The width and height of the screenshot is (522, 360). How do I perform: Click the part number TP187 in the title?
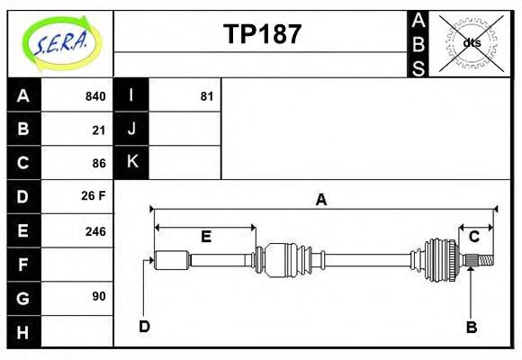click(x=262, y=35)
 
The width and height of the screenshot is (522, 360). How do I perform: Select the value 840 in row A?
click(x=94, y=96)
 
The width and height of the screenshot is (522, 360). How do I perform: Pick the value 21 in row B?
click(x=98, y=130)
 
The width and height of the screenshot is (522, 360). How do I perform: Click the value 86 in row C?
click(x=98, y=163)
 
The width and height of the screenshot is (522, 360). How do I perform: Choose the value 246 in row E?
click(x=94, y=230)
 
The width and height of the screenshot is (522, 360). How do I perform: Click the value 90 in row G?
click(x=98, y=296)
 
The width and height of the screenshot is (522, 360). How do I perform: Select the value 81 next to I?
click(x=206, y=96)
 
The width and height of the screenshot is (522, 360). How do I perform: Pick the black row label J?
click(x=131, y=130)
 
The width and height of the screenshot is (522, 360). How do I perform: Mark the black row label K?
click(x=131, y=163)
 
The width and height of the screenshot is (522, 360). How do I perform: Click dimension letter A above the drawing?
click(x=320, y=200)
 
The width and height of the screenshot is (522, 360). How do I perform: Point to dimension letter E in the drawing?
click(x=205, y=237)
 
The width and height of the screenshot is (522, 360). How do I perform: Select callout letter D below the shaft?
click(x=144, y=326)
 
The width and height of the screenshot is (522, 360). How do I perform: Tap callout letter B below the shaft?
click(x=471, y=327)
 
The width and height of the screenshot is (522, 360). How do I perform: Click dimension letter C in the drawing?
click(x=474, y=237)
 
